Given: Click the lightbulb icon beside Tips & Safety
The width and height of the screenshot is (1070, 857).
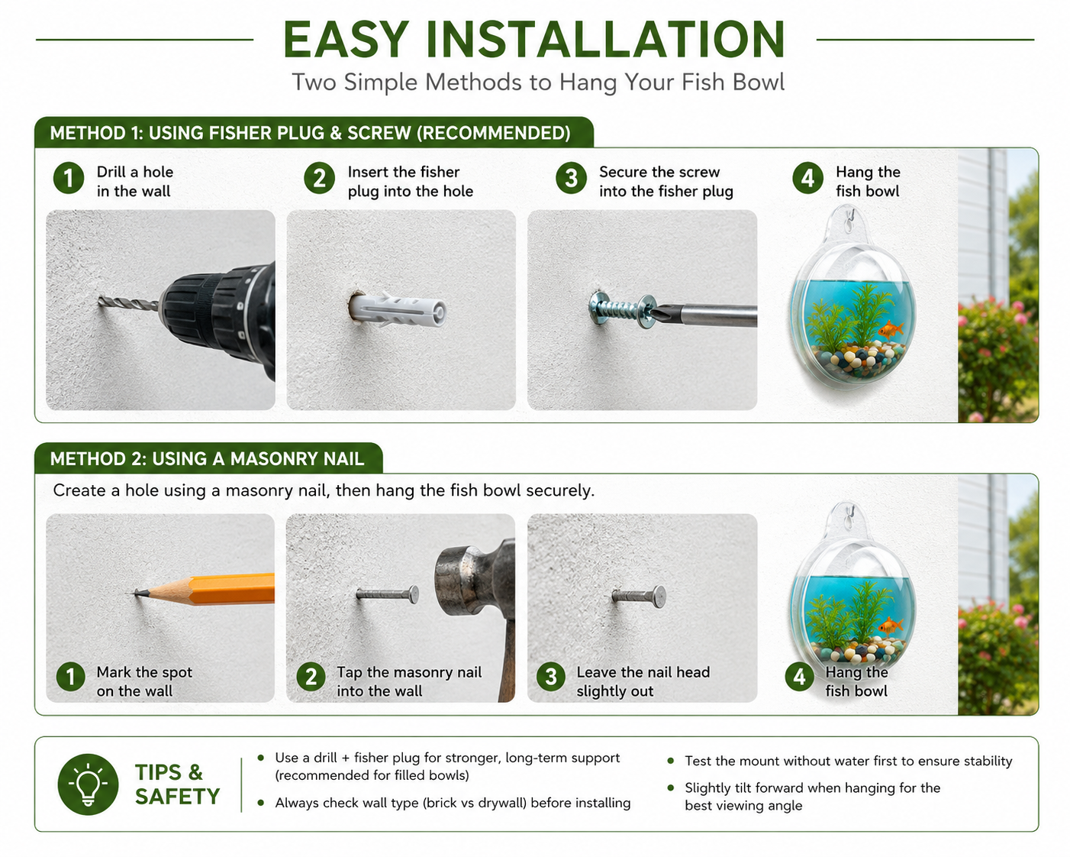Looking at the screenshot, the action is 88,784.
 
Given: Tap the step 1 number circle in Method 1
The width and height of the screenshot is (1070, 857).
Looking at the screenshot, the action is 69,178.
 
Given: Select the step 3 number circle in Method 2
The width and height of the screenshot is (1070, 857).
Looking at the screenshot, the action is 551,676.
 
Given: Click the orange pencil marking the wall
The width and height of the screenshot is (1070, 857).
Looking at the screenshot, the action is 205,589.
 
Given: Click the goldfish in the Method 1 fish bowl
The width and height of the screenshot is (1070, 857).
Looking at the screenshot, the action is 891,329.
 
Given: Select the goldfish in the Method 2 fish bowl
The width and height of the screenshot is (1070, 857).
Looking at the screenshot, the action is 891,626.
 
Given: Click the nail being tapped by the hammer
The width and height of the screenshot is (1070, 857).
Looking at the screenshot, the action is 388,593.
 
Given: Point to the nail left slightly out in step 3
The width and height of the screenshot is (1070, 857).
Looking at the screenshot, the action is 639,596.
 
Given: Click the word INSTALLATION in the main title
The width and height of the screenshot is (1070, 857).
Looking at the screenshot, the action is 605,40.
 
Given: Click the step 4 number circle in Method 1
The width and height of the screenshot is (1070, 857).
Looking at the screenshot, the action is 807,178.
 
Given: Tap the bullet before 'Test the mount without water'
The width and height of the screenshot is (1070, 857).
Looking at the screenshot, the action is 671,761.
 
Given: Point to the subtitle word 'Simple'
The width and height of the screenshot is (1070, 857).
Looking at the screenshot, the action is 380,82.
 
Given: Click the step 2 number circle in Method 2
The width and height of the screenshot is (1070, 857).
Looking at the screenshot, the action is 311,676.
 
